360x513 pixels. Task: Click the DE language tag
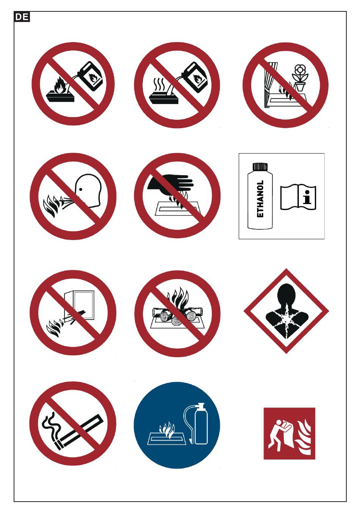tap(22, 17)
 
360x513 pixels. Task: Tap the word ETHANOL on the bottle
tap(260, 199)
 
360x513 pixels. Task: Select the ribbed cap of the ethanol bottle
tap(260, 166)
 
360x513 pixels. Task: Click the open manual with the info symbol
tap(298, 197)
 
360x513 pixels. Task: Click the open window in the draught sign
tap(79, 306)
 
